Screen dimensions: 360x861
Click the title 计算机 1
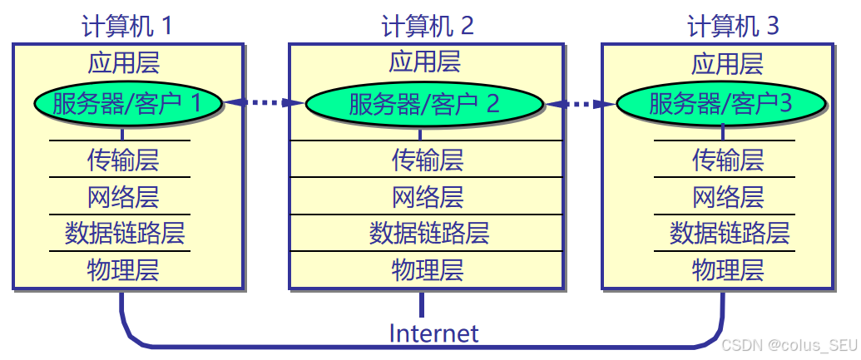tap(126, 26)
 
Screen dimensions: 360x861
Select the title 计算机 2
tap(428, 26)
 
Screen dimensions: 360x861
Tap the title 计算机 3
tap(733, 26)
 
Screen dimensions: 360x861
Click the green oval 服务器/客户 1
tap(128, 103)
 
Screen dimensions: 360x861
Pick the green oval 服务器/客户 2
tap(424, 103)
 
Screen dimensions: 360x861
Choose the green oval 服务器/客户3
tap(721, 103)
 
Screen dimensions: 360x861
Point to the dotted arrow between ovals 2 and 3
tap(580, 104)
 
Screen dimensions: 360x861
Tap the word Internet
tap(433, 334)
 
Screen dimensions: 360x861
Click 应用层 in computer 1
tap(123, 63)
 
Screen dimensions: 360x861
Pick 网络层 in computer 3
tap(728, 197)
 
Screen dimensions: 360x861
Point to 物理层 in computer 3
tap(728, 270)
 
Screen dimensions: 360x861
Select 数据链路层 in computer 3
tap(729, 234)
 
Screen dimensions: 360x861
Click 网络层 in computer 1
tap(123, 197)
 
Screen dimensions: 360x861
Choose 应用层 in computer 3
tap(728, 63)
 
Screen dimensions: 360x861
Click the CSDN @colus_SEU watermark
tap(788, 344)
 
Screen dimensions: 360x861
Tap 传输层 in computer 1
tap(123, 160)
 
